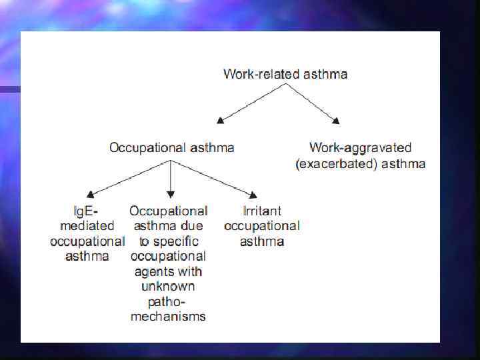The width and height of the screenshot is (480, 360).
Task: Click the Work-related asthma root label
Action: coord(285,74)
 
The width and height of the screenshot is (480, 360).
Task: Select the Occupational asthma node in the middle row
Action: coord(171,147)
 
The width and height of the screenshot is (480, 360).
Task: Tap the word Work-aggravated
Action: coord(361,147)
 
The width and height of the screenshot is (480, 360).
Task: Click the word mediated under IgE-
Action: coord(87,226)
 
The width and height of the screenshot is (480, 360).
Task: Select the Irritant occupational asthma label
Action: coord(261,226)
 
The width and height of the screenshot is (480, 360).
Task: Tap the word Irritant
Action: coord(261,211)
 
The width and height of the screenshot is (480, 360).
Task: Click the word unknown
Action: coord(168,286)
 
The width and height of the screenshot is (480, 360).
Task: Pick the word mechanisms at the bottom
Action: coord(168,316)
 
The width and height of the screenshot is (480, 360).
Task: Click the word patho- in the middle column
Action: coord(168,301)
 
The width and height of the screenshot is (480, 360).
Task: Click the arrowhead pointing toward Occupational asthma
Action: coord(221,120)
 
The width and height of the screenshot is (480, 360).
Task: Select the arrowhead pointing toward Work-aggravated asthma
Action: coord(336,120)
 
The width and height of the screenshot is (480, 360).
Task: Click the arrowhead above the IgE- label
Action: coord(91,194)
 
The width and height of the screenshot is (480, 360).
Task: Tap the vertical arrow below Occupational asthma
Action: coord(171,180)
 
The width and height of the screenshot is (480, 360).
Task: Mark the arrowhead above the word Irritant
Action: coord(253,195)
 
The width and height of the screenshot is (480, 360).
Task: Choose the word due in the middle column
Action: coord(193,226)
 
